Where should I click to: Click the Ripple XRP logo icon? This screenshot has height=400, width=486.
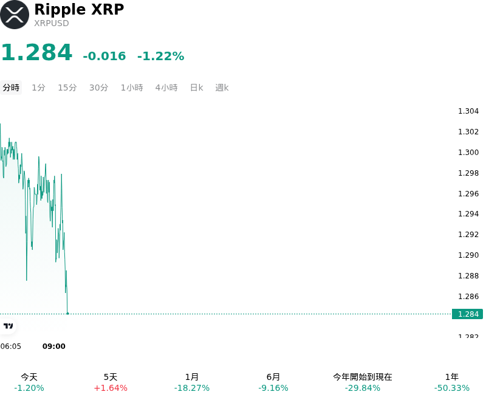[14, 15]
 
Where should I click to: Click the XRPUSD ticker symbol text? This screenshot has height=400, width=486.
[52, 23]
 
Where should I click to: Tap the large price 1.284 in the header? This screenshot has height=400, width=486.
[37, 52]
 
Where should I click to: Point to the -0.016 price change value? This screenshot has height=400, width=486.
[104, 56]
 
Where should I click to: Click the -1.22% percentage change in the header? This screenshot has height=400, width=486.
[161, 56]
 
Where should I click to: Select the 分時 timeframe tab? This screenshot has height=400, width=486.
[11, 88]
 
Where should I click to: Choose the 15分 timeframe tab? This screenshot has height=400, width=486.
[67, 88]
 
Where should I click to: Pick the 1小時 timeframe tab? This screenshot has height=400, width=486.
[132, 88]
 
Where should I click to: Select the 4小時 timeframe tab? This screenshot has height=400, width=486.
[166, 88]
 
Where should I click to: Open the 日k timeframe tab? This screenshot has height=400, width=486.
[196, 88]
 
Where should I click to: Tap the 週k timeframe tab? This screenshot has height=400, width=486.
[222, 88]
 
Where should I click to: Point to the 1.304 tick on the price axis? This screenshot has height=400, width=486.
[468, 111]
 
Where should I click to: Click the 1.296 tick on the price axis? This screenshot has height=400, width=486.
[468, 194]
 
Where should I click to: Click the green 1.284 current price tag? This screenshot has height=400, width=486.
[467, 314]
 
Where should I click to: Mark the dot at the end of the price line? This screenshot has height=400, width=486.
[67, 314]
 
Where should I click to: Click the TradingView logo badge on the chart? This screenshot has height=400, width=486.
[8, 326]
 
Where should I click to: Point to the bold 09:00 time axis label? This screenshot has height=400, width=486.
[54, 347]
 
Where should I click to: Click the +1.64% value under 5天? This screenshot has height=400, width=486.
[111, 388]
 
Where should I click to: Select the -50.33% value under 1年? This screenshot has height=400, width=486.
[452, 388]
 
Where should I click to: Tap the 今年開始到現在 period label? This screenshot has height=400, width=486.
[363, 377]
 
